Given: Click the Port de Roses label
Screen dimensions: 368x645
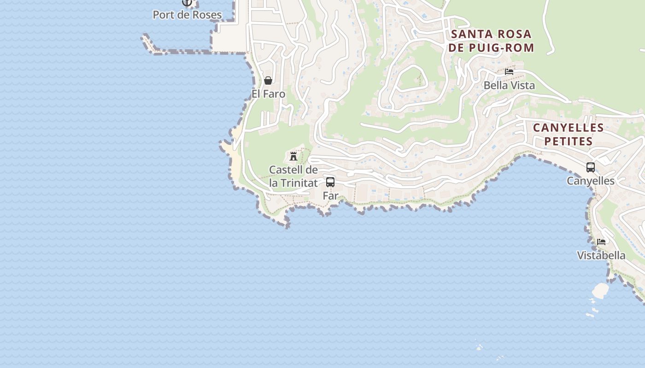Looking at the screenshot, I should click(187, 15).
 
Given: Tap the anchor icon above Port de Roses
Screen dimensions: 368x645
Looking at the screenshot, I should click(187, 3).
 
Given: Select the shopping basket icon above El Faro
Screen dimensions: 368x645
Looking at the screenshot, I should click(268, 81).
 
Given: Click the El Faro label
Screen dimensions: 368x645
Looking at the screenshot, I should click(268, 94).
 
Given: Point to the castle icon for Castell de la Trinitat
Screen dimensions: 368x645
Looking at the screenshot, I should click(293, 156).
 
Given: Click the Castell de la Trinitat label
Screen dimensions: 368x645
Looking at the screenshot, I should click(293, 176).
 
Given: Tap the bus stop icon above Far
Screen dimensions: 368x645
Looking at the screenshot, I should click(330, 182).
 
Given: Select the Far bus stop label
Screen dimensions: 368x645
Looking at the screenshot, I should click(330, 195).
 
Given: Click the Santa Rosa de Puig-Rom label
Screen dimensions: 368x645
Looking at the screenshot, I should click(492, 40).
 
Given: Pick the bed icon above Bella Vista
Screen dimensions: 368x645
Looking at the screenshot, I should click(509, 72).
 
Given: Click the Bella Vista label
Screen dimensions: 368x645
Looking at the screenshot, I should click(509, 85).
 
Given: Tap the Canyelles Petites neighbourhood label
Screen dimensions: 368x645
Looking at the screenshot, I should click(568, 134).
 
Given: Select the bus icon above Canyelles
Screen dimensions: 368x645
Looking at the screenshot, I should click(591, 167).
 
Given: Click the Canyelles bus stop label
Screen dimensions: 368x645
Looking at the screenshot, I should click(591, 181).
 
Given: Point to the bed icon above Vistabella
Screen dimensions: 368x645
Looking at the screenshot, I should click(601, 242).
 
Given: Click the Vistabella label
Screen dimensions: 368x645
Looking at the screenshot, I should click(601, 255).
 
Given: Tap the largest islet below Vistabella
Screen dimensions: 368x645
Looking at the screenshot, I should click(600, 290).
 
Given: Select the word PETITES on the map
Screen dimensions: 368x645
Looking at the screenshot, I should click(568, 141).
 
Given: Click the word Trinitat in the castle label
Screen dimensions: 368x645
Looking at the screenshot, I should click(298, 183).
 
